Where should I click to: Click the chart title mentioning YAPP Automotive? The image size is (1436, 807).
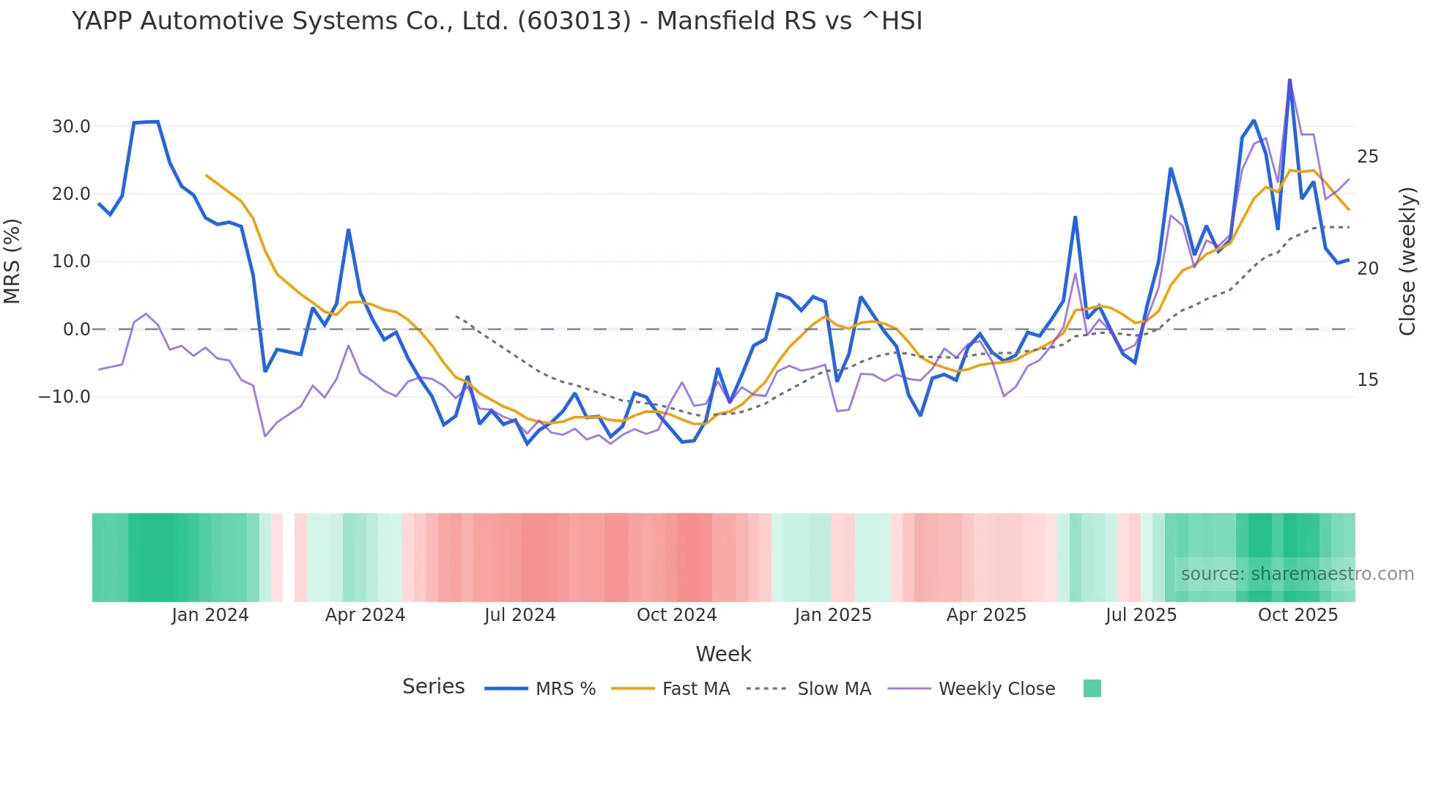[497, 21]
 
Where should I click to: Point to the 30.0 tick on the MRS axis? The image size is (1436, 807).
[70, 127]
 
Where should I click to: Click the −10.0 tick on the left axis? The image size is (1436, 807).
[64, 397]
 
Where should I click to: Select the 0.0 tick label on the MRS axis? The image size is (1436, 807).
[76, 330]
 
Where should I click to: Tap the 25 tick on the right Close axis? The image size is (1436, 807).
[1367, 157]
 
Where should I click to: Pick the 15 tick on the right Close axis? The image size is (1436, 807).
[1367, 380]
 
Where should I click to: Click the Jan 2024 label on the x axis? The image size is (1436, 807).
[210, 615]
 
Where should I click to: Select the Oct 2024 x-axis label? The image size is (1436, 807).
[676, 615]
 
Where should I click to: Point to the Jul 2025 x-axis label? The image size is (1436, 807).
[1141, 615]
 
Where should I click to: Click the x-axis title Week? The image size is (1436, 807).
[723, 654]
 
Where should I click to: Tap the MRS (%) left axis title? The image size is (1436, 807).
[12, 261]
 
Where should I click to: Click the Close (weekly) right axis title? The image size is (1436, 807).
[1407, 261]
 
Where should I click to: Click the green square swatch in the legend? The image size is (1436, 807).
[1092, 688]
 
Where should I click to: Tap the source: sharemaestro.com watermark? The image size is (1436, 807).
[1297, 574]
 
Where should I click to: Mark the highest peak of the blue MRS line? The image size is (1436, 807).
[1289, 80]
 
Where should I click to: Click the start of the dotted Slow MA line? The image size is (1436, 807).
[456, 316]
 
